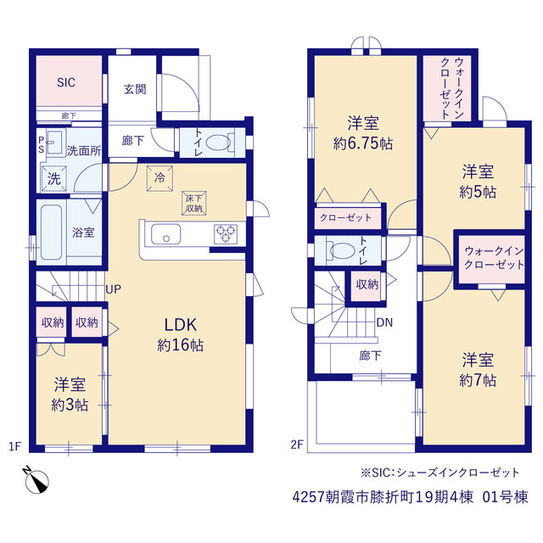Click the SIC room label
[x=66, y=82]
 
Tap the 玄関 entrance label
[x=135, y=89]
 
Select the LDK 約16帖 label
[x=181, y=335]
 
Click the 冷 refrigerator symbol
[x=160, y=178]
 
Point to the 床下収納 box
[x=194, y=203]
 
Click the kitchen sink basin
[x=166, y=234]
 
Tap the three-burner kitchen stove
[x=226, y=234]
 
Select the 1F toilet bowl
[x=218, y=143]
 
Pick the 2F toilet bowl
[x=343, y=250]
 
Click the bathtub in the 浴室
[x=51, y=232]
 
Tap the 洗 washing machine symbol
[x=54, y=179]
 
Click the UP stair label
[x=113, y=289]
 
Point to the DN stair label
[x=384, y=322]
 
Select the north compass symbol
[x=36, y=480]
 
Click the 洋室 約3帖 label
[x=70, y=395]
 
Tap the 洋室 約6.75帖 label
[x=363, y=133]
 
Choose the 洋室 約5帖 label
[x=478, y=182]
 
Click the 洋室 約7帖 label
[x=478, y=370]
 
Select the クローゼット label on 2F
[x=345, y=217]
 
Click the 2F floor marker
[x=297, y=444]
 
